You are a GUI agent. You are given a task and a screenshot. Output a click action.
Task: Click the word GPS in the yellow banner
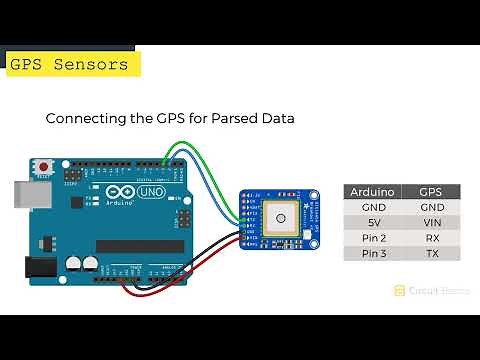26,65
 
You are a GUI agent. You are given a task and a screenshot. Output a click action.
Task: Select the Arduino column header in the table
373,191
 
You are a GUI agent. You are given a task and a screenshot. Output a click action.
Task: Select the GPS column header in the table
432,191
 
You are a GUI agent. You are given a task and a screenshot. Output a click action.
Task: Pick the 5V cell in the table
373,222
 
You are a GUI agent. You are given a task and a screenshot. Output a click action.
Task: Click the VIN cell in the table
432,222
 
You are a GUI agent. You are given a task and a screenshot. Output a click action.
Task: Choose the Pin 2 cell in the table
373,238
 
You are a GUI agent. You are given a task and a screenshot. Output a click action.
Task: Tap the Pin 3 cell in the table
373,254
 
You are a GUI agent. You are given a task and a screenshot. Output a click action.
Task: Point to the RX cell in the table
432,238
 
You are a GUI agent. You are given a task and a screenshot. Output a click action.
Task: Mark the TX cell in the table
432,254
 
